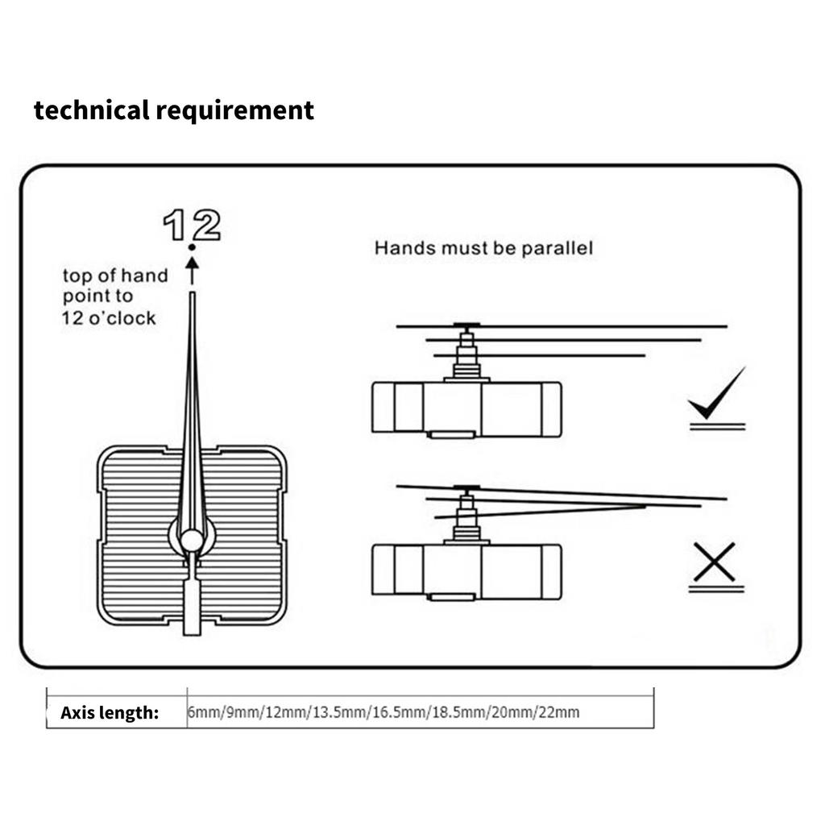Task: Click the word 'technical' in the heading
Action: tap(92, 110)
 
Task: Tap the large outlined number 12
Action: tap(192, 226)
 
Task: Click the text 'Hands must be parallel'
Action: tap(483, 247)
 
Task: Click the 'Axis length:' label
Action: tap(110, 712)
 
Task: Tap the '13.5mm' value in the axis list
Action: tap(341, 712)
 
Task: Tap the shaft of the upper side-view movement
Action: tap(466, 354)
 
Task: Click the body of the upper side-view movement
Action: tap(466, 409)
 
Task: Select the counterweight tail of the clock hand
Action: tap(192, 604)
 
